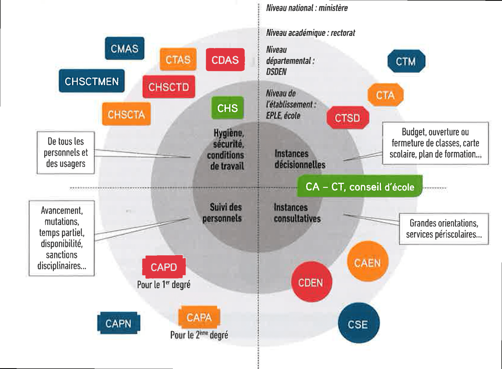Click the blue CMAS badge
pyautogui.click(x=125, y=49)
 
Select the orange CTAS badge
pyautogui.click(x=178, y=59)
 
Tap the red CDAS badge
pyautogui.click(x=225, y=60)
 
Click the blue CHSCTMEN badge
pyautogui.click(x=92, y=81)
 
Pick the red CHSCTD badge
pyautogui.click(x=169, y=87)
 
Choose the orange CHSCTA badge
pyautogui.click(x=126, y=114)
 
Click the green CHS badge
pyautogui.click(x=227, y=108)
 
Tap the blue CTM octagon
pyautogui.click(x=406, y=62)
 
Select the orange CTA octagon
pyautogui.click(x=385, y=95)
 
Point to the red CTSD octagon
pyautogui.click(x=348, y=118)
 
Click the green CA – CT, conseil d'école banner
pyautogui.click(x=359, y=187)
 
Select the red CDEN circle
pyautogui.click(x=311, y=282)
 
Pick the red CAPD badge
pyautogui.click(x=164, y=267)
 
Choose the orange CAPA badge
pyautogui.click(x=199, y=317)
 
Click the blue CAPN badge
pyautogui.click(x=118, y=323)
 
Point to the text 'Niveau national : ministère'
pyautogui.click(x=307, y=8)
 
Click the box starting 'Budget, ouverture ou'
pyautogui.click(x=435, y=143)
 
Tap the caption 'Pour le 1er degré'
pyautogui.click(x=164, y=285)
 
